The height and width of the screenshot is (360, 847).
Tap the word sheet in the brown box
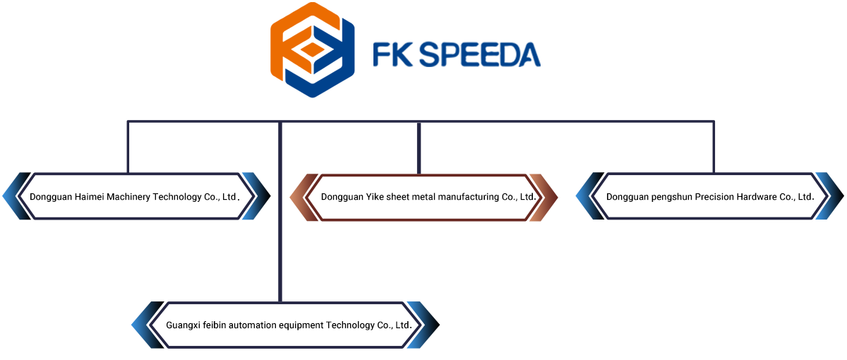tap(400, 197)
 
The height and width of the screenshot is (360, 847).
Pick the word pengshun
tap(671, 197)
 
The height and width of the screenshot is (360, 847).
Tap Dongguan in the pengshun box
tap(626, 197)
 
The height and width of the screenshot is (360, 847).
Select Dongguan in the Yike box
tap(342, 197)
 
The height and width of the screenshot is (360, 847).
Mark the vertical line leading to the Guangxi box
tap(280, 261)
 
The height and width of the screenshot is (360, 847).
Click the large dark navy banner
tap(421, 145)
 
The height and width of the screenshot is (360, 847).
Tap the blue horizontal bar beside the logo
tap(462, 54)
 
